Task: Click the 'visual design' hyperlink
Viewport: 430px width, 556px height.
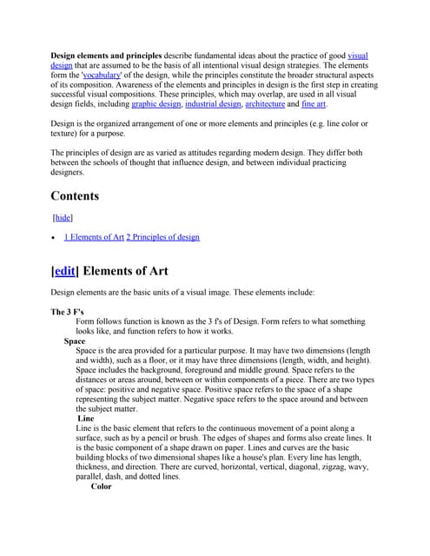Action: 357,56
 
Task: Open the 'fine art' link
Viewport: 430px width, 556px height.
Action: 314,104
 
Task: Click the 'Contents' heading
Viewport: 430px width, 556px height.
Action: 75,195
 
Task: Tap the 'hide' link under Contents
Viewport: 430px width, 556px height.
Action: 63,217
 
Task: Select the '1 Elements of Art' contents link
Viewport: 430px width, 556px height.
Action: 93,237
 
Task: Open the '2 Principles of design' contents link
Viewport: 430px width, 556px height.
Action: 162,237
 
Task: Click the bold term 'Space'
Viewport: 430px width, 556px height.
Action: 74,341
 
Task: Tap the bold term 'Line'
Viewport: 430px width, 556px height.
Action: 86,419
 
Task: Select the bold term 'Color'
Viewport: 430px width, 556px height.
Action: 101,486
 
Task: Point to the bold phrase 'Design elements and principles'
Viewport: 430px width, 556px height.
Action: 106,56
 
